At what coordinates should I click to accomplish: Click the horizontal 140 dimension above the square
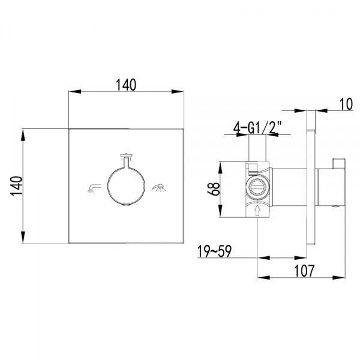pyautogui.click(x=126, y=85)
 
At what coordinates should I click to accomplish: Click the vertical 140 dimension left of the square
pyautogui.click(x=17, y=186)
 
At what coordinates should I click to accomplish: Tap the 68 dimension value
pyautogui.click(x=214, y=189)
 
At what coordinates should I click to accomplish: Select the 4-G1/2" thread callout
pyautogui.click(x=257, y=128)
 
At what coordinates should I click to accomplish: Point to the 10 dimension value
pyautogui.click(x=346, y=104)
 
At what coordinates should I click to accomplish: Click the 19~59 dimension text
pyautogui.click(x=214, y=251)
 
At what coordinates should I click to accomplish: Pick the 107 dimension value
pyautogui.click(x=304, y=271)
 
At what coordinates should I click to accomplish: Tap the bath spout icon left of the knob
pyautogui.click(x=94, y=188)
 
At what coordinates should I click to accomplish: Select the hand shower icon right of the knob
pyautogui.click(x=158, y=188)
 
